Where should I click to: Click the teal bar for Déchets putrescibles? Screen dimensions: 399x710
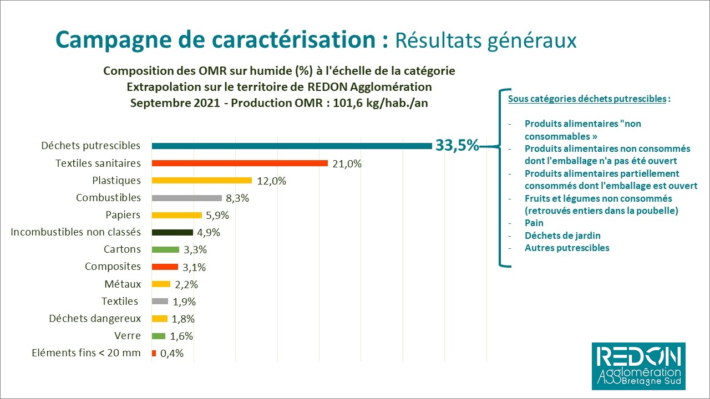[292, 146]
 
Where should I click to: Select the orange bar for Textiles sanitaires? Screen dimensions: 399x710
[240, 163]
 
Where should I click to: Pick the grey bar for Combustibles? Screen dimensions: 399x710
[187, 198]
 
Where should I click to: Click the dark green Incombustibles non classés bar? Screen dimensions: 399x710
[173, 232]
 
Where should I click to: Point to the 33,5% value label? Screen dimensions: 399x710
[457, 146]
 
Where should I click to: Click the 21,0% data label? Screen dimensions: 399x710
[347, 164]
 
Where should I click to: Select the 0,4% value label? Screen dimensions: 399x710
[172, 354]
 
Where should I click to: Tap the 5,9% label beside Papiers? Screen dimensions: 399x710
[217, 216]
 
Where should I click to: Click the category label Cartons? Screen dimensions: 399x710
[122, 249]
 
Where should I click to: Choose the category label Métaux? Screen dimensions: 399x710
[123, 284]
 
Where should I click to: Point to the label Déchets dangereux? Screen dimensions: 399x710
[95, 318]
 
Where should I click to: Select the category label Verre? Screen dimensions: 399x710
[128, 335]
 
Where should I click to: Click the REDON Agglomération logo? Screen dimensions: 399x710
[638, 366]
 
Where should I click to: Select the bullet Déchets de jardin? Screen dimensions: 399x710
[562, 236]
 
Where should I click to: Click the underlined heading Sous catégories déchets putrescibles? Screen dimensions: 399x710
[587, 99]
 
